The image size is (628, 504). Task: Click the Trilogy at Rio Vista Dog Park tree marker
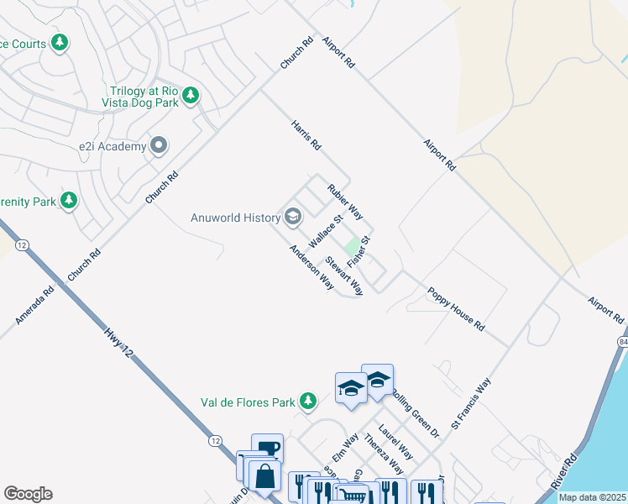point(191,95)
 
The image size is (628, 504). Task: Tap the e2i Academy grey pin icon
point(159,146)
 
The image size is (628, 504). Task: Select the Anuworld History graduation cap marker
point(293,218)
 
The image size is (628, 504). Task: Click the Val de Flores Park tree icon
point(309,402)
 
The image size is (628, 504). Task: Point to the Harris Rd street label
point(306,134)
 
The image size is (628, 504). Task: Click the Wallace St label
point(327,231)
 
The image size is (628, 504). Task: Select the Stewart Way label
point(344,276)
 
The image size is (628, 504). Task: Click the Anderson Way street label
point(311,267)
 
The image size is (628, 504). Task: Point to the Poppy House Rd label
point(456,308)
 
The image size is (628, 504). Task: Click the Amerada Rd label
point(34,305)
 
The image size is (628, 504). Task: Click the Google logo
point(28,494)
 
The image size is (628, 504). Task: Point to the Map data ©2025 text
point(592,497)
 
